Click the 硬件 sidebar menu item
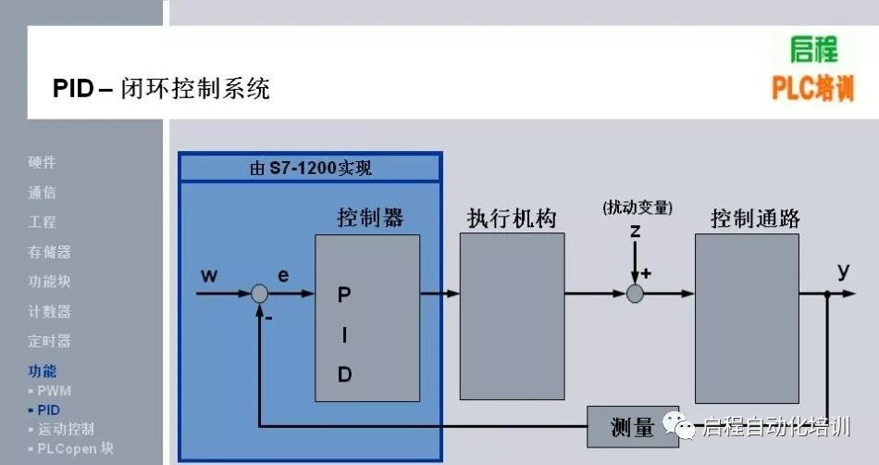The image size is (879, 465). pyautogui.click(x=42, y=163)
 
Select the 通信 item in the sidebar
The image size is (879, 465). pyautogui.click(x=42, y=193)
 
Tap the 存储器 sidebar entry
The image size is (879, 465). pyautogui.click(x=49, y=252)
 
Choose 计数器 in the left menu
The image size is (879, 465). pyautogui.click(x=49, y=311)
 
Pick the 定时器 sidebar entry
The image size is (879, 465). pyautogui.click(x=49, y=341)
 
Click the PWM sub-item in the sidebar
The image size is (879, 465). pyautogui.click(x=54, y=391)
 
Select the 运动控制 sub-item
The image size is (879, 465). pyautogui.click(x=66, y=429)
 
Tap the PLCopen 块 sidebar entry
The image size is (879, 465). pyautogui.click(x=75, y=448)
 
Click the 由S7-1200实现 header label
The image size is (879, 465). pyautogui.click(x=311, y=169)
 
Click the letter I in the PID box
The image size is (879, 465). pyautogui.click(x=344, y=335)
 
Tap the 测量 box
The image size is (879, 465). pyautogui.click(x=633, y=426)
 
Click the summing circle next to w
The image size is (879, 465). pyautogui.click(x=260, y=294)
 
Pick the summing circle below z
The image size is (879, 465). pyautogui.click(x=635, y=294)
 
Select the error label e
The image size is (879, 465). pyautogui.click(x=283, y=275)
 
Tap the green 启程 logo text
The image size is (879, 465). pyautogui.click(x=814, y=50)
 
